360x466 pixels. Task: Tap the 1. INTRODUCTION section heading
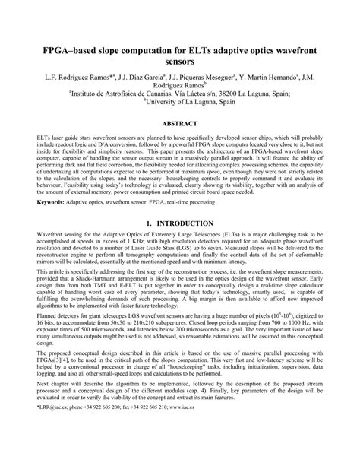[180, 223]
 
